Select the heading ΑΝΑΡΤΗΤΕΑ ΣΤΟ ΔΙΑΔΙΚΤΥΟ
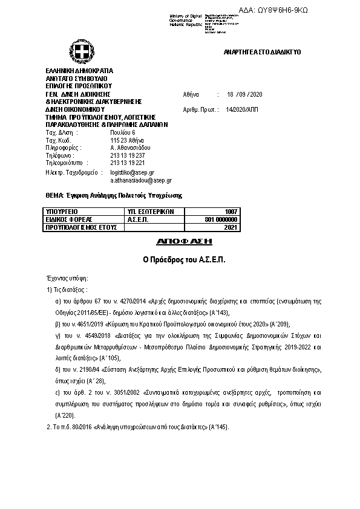click(262, 53)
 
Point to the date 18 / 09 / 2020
click(246, 95)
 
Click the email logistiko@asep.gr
click(132, 172)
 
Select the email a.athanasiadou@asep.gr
click(141, 180)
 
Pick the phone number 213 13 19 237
click(128, 155)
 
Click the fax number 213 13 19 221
click(128, 163)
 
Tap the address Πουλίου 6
click(123, 132)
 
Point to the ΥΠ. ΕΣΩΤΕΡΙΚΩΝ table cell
click(151, 212)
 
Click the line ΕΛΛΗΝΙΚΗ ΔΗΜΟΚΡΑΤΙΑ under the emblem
click(79, 71)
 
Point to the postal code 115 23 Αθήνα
click(126, 140)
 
